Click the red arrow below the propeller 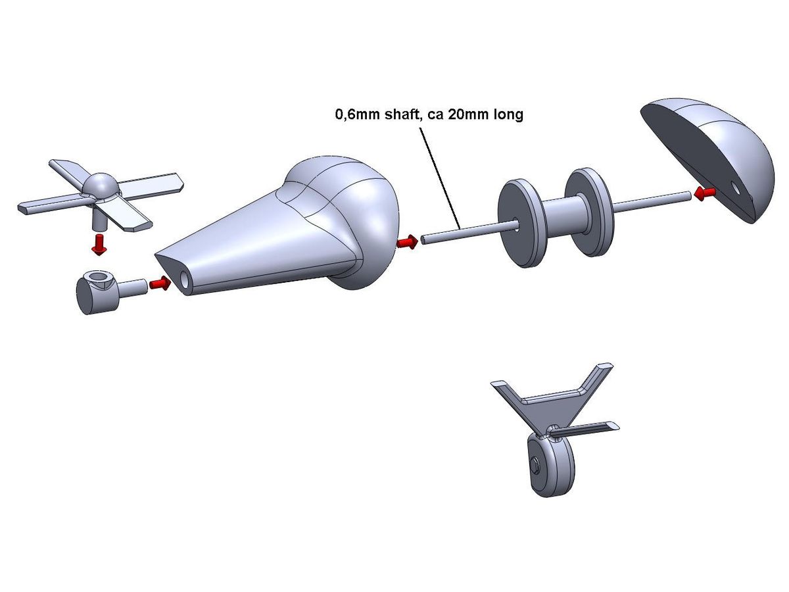[x=98, y=245]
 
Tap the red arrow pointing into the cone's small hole [x=160, y=284]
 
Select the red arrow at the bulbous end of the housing [x=407, y=242]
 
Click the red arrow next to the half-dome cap [x=705, y=193]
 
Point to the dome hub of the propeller [x=101, y=185]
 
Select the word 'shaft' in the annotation [x=400, y=114]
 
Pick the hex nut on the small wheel [x=535, y=465]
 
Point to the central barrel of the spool [x=565, y=218]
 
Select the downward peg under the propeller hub [x=98, y=220]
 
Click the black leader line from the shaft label [x=440, y=179]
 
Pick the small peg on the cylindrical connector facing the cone [x=132, y=289]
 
